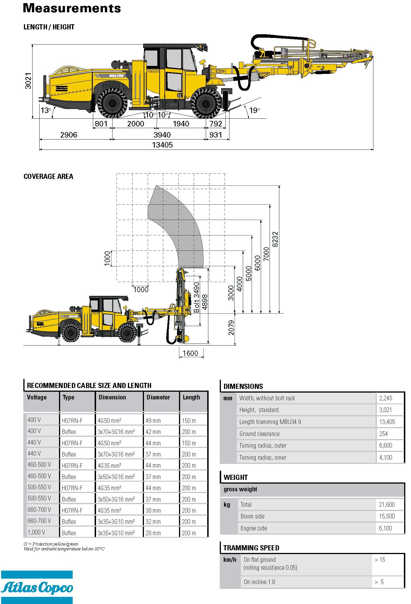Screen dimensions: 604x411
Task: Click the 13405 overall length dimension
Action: [x=162, y=145]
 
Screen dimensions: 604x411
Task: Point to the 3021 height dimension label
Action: [x=28, y=81]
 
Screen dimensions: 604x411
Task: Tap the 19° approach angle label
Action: [x=254, y=110]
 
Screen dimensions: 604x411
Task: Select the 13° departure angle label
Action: [x=46, y=110]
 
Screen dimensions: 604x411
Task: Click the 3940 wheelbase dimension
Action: [x=162, y=135]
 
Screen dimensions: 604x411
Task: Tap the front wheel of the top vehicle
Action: [x=205, y=103]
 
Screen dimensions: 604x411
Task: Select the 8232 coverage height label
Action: [x=275, y=239]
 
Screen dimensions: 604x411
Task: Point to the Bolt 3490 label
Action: [x=196, y=297]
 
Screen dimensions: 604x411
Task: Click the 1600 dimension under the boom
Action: [x=190, y=353]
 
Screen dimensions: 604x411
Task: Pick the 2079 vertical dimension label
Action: [x=231, y=328]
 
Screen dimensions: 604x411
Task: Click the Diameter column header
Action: [x=158, y=397]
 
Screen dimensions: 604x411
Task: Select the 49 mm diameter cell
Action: [x=153, y=421]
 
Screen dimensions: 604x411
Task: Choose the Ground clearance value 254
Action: [x=383, y=434]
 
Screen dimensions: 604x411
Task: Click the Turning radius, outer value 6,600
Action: [x=386, y=445]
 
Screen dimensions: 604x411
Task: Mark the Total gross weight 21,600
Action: [x=387, y=504]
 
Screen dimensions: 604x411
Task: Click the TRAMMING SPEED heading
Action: [x=251, y=548]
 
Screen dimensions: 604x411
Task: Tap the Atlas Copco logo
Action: [x=37, y=587]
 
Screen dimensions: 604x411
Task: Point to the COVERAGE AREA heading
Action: [x=48, y=176]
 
